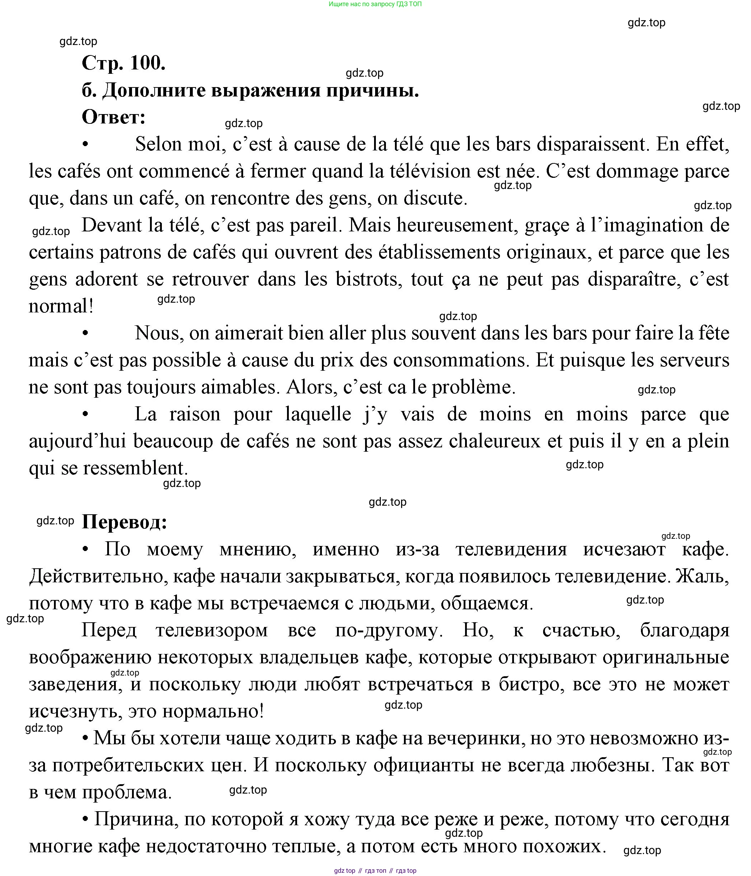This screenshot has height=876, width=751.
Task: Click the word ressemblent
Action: pos(135,468)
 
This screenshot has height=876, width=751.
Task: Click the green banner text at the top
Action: pos(375,4)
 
